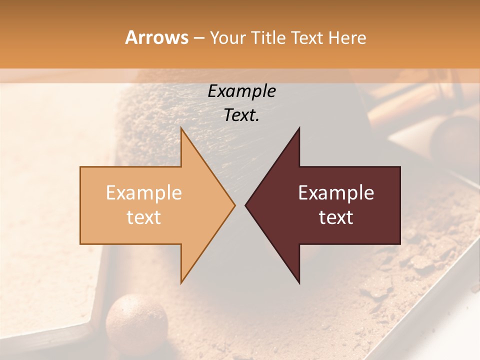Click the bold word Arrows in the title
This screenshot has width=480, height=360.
coord(156,37)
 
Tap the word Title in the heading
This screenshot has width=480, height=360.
coord(269,38)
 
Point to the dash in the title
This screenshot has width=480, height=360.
coord(198,38)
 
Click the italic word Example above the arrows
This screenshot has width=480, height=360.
coord(242,91)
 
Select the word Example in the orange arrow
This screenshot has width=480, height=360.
coord(144,192)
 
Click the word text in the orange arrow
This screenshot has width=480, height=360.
coord(144,217)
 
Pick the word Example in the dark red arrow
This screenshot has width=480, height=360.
coord(336,192)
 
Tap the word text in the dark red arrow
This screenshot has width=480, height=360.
coord(336,217)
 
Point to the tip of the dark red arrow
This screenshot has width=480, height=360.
coord(246,205)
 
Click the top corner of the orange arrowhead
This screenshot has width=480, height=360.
coord(181,128)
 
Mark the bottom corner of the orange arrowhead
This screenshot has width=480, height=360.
coord(181,282)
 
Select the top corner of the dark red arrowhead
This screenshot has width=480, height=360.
coord(299,128)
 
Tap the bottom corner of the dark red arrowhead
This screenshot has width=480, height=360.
coord(299,282)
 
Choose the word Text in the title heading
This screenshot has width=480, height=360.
coord(308,38)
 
